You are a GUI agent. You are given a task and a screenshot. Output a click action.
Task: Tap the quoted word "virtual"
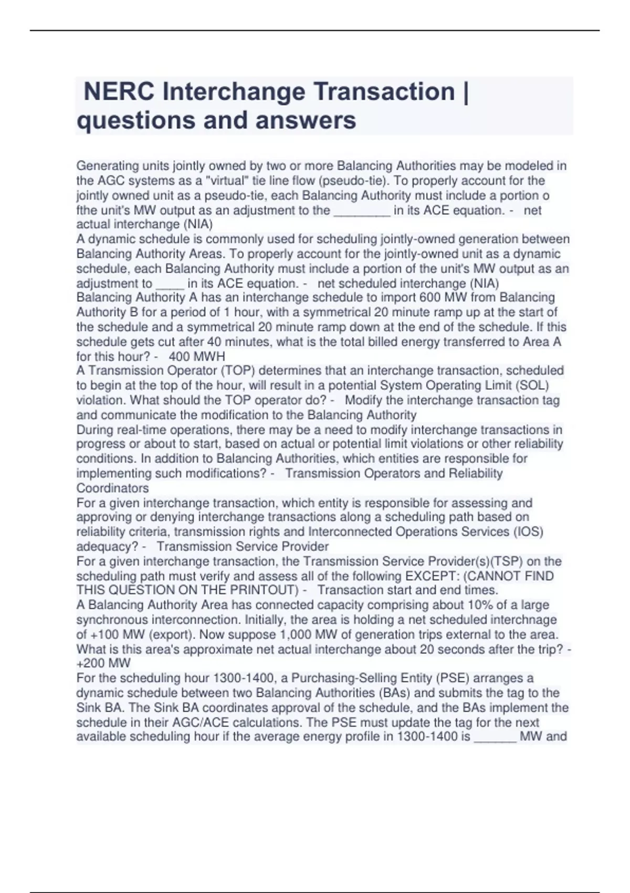[x=227, y=181]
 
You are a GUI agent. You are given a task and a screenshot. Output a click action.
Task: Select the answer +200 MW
[x=103, y=663]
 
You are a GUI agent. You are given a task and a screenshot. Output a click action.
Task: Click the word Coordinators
[x=112, y=488]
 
